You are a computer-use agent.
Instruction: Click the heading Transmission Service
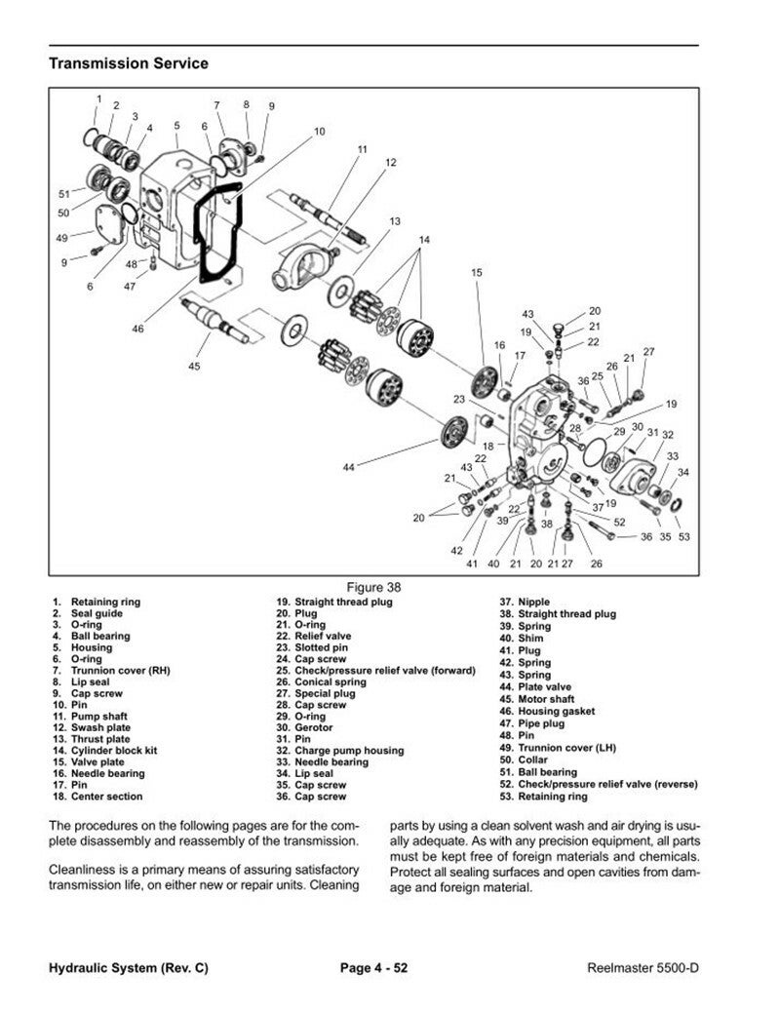(128, 64)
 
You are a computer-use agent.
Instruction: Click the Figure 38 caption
(374, 587)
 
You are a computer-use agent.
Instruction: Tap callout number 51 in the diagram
(65, 193)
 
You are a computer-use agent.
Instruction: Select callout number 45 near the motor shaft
(194, 366)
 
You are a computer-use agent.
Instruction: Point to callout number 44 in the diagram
(349, 468)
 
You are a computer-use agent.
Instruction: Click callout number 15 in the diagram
(477, 273)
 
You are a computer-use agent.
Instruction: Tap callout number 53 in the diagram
(684, 536)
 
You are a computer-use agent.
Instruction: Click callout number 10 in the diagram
(319, 131)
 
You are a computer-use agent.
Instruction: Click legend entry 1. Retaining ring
(97, 603)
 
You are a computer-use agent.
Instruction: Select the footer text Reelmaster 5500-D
(643, 968)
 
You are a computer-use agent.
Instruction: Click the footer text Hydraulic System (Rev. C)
(128, 968)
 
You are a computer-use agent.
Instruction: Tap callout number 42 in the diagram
(456, 551)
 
